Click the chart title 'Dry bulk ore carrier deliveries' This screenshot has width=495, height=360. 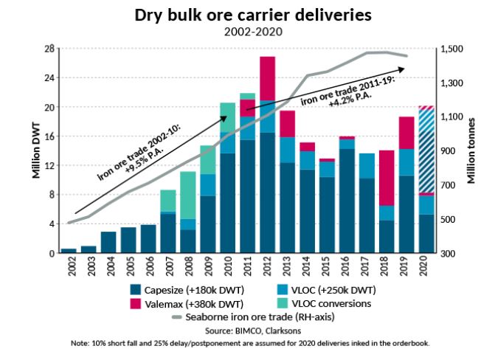coord(247,15)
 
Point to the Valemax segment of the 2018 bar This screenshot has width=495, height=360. coord(387,178)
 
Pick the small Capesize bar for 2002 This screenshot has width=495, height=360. coord(69,250)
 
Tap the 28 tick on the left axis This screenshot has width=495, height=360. coord(49,49)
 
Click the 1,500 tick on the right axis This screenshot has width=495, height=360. coord(451,49)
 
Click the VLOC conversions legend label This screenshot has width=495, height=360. coord(336,303)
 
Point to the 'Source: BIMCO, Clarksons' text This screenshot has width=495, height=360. coord(247,330)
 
